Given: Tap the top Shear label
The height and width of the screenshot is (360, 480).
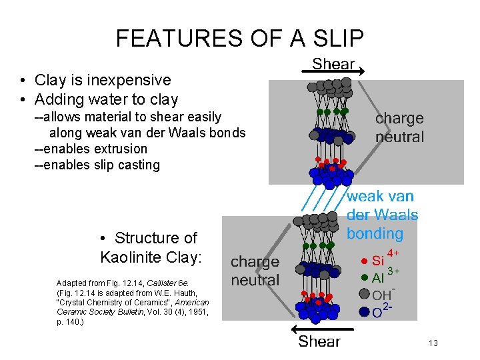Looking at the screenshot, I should pyautogui.click(x=334, y=64).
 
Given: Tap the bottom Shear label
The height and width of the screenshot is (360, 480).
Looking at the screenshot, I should pyautogui.click(x=319, y=341).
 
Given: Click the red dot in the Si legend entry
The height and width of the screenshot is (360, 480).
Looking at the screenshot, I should pyautogui.click(x=363, y=261).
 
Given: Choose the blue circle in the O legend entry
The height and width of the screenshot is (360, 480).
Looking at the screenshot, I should pyautogui.click(x=364, y=311).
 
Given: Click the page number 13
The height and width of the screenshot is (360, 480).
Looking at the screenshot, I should pyautogui.click(x=433, y=343).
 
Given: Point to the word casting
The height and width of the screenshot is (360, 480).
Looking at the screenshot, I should pyautogui.click(x=137, y=165).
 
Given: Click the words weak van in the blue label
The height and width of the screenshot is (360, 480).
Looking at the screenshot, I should pyautogui.click(x=380, y=197).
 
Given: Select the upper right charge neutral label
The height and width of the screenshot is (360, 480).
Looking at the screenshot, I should pyautogui.click(x=399, y=127).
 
